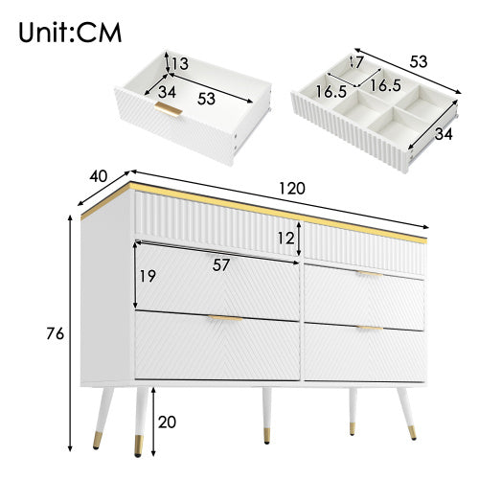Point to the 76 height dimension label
[x=55, y=334]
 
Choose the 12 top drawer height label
[x=284, y=237]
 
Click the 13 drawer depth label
[x=179, y=65]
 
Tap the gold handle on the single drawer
[x=170, y=111]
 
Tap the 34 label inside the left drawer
[x=167, y=93]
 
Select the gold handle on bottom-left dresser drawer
[x=224, y=318]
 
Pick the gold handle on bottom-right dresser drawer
[x=370, y=329]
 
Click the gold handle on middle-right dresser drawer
[x=370, y=274]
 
